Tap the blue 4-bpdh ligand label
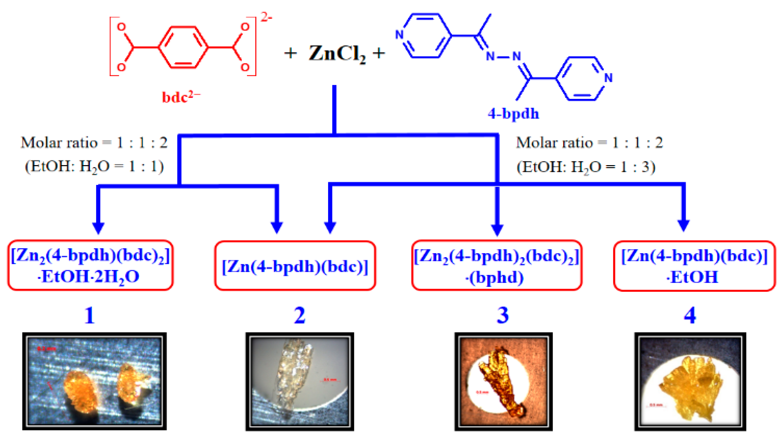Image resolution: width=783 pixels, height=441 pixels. [513, 113]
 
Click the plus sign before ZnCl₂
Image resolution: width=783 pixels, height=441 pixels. [290, 53]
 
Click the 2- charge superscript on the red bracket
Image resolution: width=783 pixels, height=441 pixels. [266, 17]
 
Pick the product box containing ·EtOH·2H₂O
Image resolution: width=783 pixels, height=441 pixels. [90, 266]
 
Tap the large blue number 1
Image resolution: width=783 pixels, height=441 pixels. [90, 315]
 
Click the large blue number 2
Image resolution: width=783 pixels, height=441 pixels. [300, 315]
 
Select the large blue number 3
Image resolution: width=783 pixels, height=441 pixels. [502, 315]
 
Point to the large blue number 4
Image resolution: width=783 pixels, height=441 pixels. [690, 315]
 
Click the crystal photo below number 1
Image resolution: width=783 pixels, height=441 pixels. [94, 381]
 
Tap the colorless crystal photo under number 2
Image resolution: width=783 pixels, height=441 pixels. [300, 382]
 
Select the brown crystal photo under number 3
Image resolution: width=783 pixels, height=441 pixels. [503, 382]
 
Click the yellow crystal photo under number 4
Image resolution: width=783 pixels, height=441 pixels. [690, 382]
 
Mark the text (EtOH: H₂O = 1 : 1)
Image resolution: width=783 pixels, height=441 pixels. [94, 166]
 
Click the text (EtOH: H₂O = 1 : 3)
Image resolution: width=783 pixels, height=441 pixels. [586, 167]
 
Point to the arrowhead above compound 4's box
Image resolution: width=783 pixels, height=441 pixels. [683, 226]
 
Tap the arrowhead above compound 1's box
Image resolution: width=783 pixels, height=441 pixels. [98, 228]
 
